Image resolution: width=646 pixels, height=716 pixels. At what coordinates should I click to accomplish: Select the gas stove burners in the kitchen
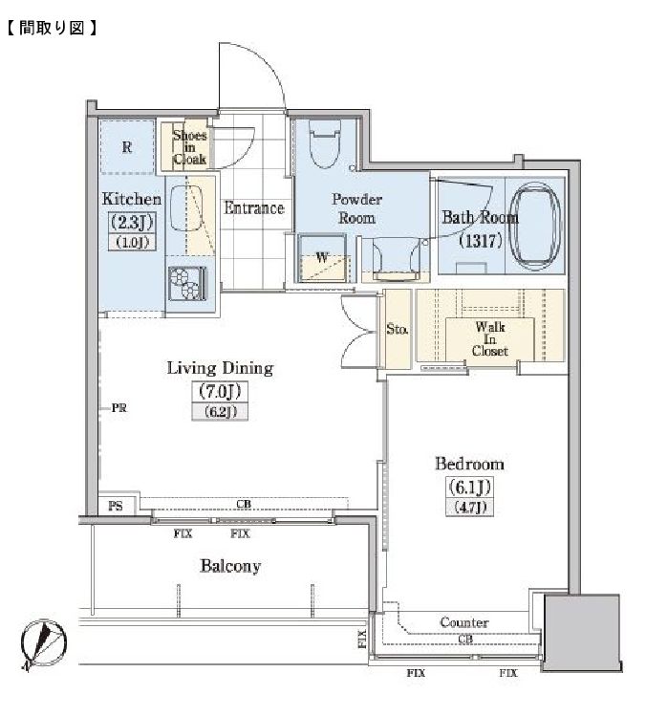187,284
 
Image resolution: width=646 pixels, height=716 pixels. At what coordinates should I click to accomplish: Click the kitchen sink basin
186,208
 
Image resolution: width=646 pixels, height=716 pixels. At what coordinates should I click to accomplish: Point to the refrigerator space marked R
127,147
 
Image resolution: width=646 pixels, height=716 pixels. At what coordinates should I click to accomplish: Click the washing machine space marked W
322,257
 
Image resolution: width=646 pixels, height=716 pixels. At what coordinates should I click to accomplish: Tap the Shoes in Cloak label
189,147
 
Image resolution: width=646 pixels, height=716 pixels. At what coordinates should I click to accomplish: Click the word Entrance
254,208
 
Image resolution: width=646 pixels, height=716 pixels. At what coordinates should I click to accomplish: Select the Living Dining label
220,368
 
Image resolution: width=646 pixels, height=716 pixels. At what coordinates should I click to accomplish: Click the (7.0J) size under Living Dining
220,391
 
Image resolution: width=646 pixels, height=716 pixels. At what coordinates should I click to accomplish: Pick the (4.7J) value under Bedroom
469,507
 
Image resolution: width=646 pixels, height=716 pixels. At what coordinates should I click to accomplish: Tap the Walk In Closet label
490,339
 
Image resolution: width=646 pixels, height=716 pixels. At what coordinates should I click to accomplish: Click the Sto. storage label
397,329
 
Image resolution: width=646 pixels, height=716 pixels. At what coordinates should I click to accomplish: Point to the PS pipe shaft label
116,506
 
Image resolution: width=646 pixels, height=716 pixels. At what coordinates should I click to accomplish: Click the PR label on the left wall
118,408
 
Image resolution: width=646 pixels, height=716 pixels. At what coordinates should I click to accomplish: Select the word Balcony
230,566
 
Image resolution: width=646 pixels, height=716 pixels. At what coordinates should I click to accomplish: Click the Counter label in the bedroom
463,622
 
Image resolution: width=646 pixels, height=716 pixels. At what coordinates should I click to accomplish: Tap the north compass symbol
44,644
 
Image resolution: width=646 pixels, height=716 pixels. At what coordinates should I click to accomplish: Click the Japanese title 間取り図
52,28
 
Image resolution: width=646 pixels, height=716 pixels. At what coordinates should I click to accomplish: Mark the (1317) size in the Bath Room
481,240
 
